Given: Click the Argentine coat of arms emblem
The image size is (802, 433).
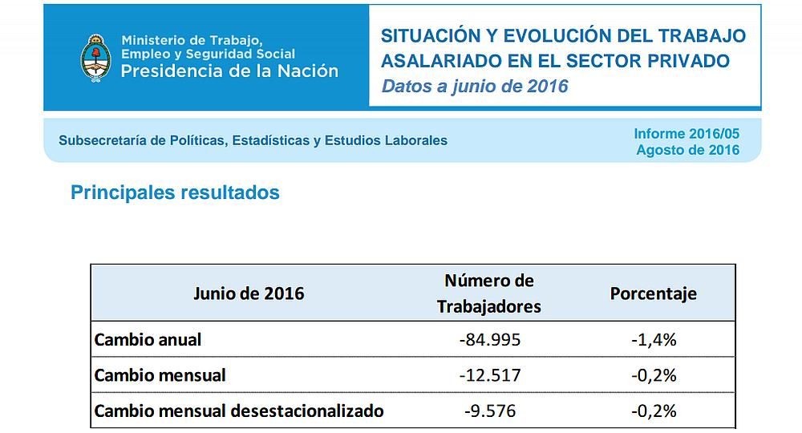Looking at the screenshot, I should coord(95,57).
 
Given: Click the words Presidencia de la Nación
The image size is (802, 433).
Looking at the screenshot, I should coord(229,71).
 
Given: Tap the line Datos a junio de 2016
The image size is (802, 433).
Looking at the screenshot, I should coord(475,87).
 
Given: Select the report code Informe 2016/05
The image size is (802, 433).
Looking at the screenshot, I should coord(687,134).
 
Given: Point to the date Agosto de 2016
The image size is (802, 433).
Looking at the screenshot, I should coord(687,150).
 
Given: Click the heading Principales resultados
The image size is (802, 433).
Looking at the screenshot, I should coord(175,192).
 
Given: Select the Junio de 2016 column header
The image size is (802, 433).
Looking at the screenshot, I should coord(249,293).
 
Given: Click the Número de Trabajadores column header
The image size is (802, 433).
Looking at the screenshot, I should coord(489,293).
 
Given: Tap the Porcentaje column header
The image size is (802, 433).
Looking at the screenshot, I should coord(653,293).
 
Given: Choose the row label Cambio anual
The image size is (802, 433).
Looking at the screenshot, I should coord(148,339).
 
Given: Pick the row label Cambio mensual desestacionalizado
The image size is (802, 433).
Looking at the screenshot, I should coord(239,411).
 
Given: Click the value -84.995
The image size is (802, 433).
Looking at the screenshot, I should coord(490,339).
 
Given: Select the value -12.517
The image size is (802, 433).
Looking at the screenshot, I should coord(490,375).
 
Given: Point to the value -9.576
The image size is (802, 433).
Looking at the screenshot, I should coord(490,411).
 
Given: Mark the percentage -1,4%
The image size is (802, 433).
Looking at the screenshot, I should coord(654,339).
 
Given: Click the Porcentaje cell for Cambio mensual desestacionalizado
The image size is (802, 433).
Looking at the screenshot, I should coord(654,411).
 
